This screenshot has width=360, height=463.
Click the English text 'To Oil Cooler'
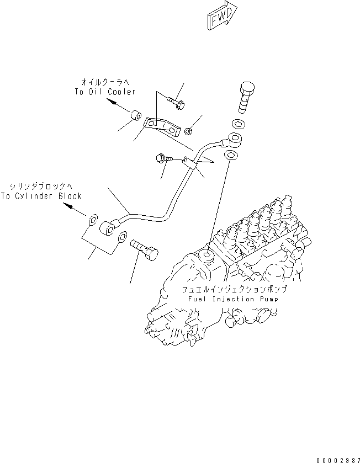click(105, 92)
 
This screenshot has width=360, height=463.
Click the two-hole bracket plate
click(162, 126)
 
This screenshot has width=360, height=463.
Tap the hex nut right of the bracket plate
click(188, 131)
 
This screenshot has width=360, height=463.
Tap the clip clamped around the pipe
click(187, 161)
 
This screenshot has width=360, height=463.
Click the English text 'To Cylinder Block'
click(41, 196)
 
